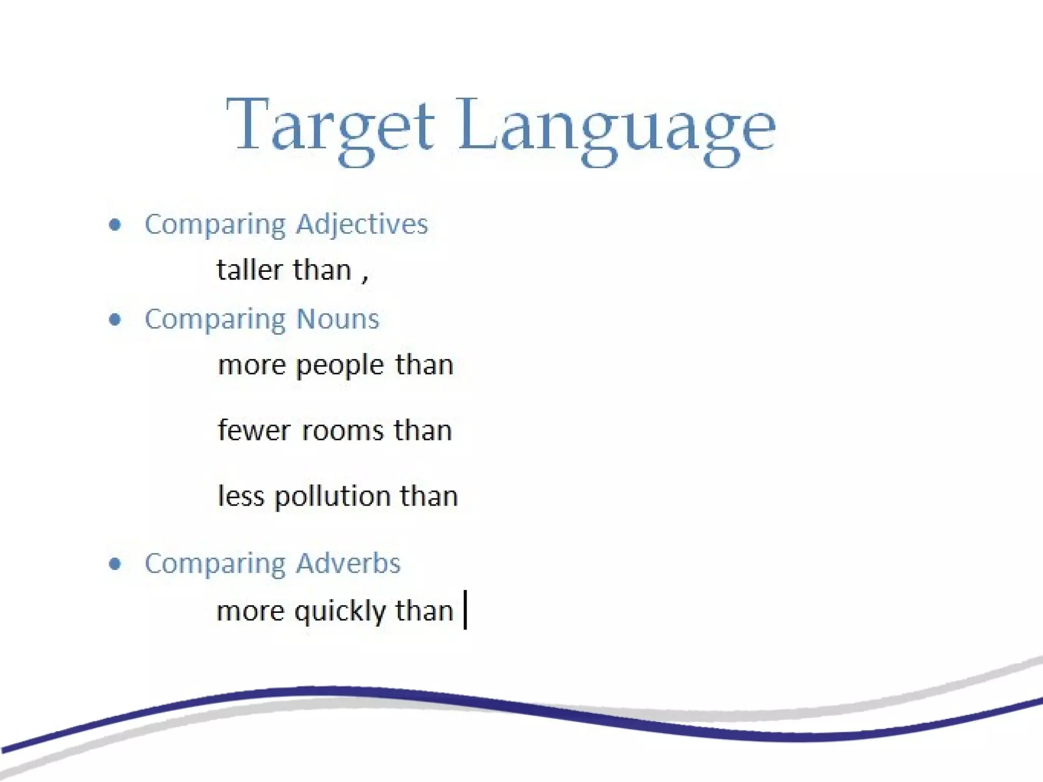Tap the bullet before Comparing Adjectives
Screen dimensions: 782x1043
[116, 225]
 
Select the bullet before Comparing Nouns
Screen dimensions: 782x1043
[116, 319]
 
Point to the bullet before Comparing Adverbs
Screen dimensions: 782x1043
[116, 564]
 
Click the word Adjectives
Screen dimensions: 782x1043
[362, 225]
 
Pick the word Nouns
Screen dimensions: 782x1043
[338, 319]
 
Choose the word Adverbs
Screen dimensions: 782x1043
[348, 564]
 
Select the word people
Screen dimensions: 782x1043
[340, 366]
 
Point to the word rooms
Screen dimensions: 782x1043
[342, 431]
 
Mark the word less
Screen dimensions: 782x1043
[241, 496]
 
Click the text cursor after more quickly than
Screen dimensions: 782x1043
[465, 610]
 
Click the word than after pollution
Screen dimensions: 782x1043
[429, 496]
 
